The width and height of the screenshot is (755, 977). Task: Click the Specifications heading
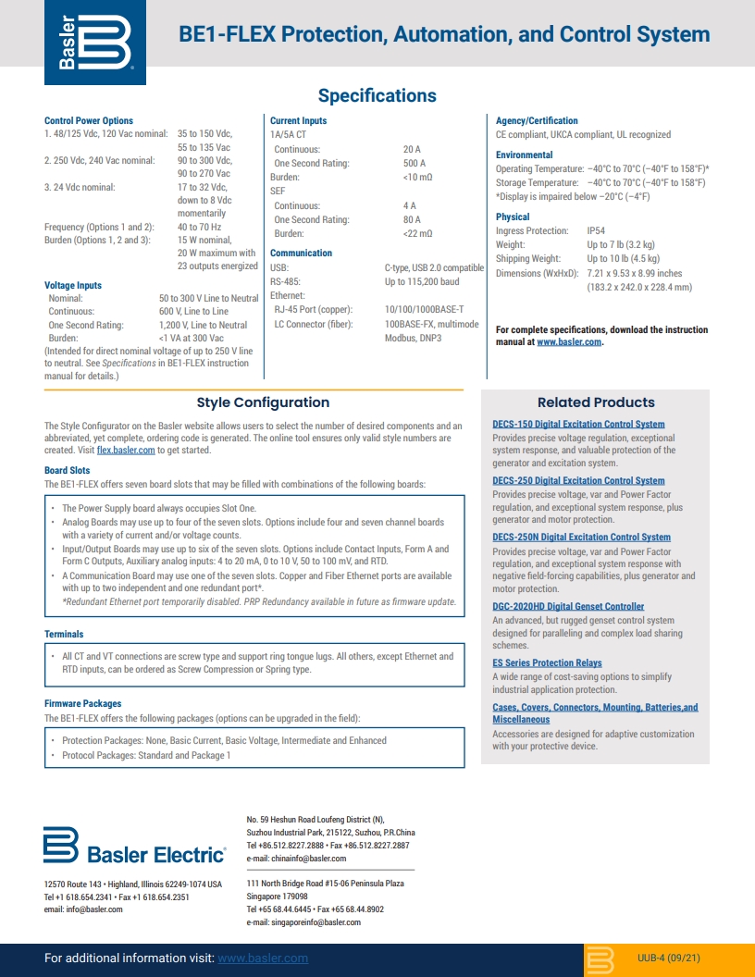point(377,96)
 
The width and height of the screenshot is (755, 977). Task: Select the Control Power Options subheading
point(89,120)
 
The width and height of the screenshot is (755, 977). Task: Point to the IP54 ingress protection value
point(596,230)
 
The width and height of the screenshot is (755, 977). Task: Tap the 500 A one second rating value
point(414,163)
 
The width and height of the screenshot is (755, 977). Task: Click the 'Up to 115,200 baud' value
point(421,281)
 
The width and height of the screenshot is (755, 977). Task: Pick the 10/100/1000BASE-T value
point(424,309)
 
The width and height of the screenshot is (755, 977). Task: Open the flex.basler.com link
point(126,451)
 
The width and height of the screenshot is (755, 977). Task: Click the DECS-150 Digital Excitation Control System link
point(578,425)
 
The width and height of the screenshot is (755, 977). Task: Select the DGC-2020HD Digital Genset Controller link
point(568,607)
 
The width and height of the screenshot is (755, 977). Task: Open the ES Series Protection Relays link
point(547,663)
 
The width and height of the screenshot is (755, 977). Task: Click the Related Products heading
point(596,402)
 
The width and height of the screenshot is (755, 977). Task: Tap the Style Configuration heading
point(263,402)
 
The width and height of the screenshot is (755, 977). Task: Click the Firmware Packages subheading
point(82,704)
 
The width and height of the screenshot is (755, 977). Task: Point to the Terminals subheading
point(64,635)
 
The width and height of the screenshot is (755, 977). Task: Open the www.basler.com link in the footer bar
point(263,958)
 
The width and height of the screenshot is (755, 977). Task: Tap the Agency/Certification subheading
point(537,120)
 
